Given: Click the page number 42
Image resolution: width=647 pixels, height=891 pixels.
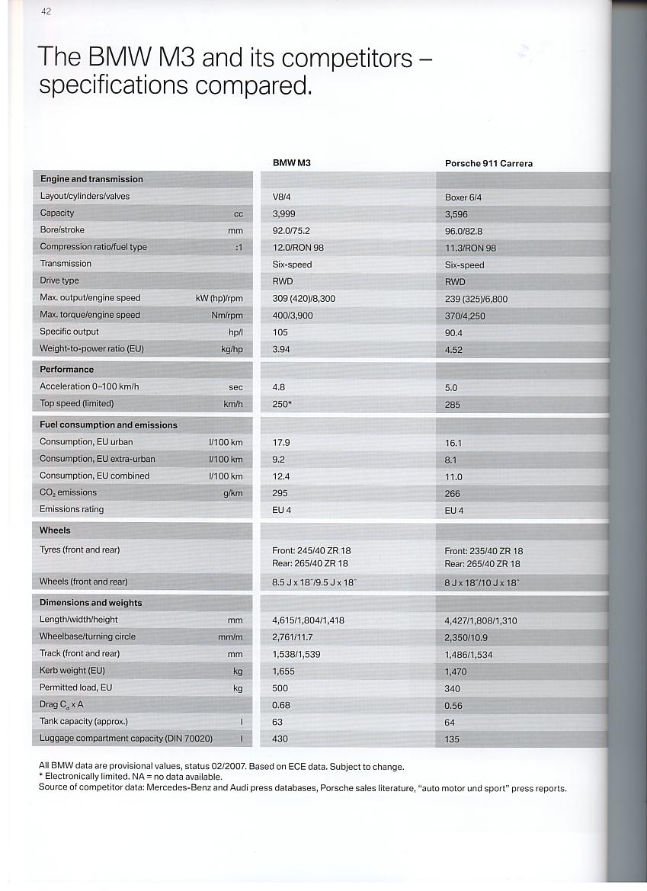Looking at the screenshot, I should (x=46, y=11).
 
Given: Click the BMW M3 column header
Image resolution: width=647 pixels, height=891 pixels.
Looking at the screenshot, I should (x=291, y=162).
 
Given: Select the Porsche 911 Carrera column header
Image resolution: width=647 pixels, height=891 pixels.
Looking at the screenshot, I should (x=488, y=163).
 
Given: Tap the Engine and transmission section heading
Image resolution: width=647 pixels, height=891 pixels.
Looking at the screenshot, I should (x=91, y=179).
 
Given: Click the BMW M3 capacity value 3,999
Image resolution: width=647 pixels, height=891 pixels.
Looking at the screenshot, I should (x=283, y=213).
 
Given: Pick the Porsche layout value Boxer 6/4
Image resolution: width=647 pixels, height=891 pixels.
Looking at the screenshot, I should (x=463, y=197).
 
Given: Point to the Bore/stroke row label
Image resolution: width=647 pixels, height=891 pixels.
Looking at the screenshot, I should (x=62, y=229).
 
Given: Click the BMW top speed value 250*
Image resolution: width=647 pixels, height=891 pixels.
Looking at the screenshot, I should (x=282, y=404).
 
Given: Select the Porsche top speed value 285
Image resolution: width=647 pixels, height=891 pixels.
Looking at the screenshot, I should (x=453, y=405).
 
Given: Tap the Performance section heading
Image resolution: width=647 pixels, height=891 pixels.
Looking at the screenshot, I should (x=67, y=369).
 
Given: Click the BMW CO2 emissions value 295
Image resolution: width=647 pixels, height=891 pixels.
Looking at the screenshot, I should (x=280, y=493).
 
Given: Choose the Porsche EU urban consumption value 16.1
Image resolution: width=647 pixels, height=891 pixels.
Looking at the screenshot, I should (x=453, y=443).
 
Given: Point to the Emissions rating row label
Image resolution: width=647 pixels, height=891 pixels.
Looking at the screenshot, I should (x=72, y=509).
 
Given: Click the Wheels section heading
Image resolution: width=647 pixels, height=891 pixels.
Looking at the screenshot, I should (x=55, y=530).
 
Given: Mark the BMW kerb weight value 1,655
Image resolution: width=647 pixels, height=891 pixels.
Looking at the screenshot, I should (x=283, y=671).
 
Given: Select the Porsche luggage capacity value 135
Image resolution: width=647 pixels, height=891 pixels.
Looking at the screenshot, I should (x=452, y=739).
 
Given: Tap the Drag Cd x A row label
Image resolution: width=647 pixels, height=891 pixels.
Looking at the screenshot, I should (x=61, y=704).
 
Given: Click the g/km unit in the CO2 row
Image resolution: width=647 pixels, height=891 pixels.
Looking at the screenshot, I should (x=232, y=493).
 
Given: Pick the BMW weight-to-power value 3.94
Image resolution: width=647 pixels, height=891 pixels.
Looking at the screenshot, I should (x=281, y=349).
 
